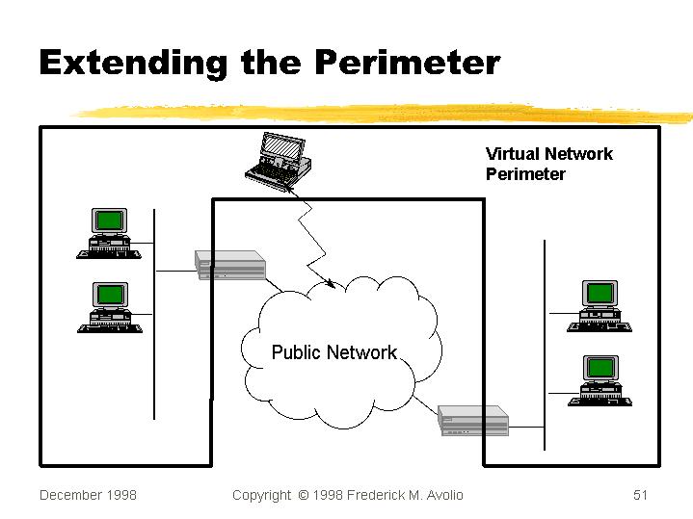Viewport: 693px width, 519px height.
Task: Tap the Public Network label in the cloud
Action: (333, 352)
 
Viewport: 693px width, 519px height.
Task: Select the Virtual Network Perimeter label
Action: (548, 164)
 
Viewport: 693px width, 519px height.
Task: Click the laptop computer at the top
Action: (278, 161)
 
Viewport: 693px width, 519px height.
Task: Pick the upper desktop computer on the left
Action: (109, 234)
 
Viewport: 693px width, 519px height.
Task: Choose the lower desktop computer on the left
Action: (110, 307)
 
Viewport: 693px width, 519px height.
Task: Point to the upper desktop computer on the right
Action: (600, 306)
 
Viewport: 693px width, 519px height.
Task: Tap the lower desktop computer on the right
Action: (600, 379)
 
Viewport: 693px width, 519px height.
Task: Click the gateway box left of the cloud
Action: (230, 265)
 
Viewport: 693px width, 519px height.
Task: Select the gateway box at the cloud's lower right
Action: (472, 420)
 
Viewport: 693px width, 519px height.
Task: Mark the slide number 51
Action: (641, 495)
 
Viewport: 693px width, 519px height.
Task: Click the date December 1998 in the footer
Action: (88, 495)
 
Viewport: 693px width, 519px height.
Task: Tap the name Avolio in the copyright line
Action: (441, 495)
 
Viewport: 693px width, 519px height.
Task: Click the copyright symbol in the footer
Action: (303, 495)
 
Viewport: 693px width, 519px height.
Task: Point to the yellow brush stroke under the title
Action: (386, 114)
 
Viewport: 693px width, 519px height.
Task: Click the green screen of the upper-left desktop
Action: (109, 220)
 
